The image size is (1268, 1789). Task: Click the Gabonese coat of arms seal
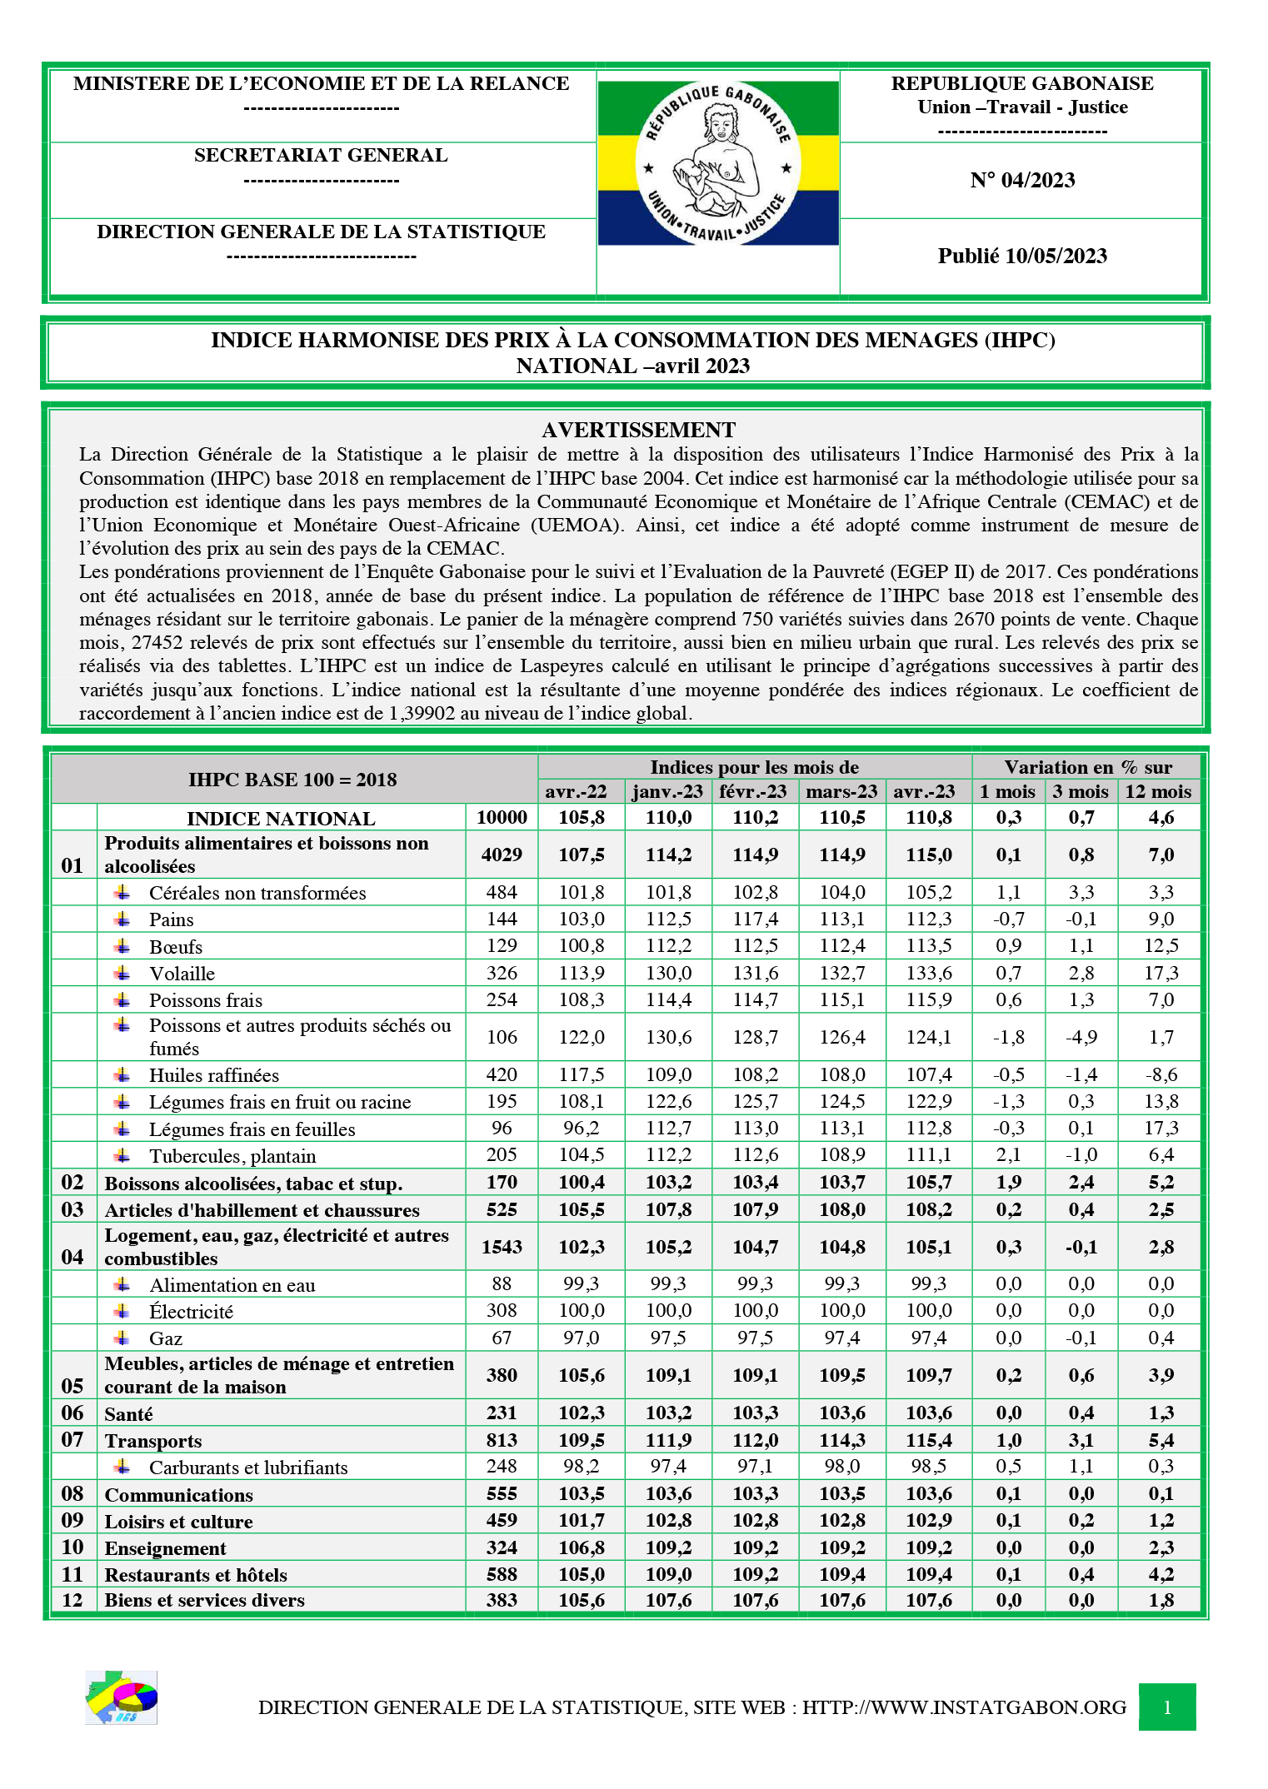pos(717,163)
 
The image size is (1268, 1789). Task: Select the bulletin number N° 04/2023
pos(1021,180)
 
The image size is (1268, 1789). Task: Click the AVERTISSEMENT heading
pos(638,430)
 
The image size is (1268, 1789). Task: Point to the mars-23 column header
pos(841,791)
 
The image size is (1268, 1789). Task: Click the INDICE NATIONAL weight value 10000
pos(502,817)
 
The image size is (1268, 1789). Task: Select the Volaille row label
pos(182,974)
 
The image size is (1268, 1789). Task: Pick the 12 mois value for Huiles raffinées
pos(1161,1074)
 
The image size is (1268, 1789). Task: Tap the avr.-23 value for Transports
pos(929,1440)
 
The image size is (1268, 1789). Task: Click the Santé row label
pos(128,1413)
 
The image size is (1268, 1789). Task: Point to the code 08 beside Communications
pos(72,1493)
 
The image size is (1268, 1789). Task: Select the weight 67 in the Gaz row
pos(502,1338)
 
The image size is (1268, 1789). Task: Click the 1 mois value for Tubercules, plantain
pos(1008,1155)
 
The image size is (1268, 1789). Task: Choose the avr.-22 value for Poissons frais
pos(582,999)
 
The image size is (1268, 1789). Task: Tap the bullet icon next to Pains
pos(122,919)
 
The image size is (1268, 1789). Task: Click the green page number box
pos(1166,1707)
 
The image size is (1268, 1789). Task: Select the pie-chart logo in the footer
pos(122,1697)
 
